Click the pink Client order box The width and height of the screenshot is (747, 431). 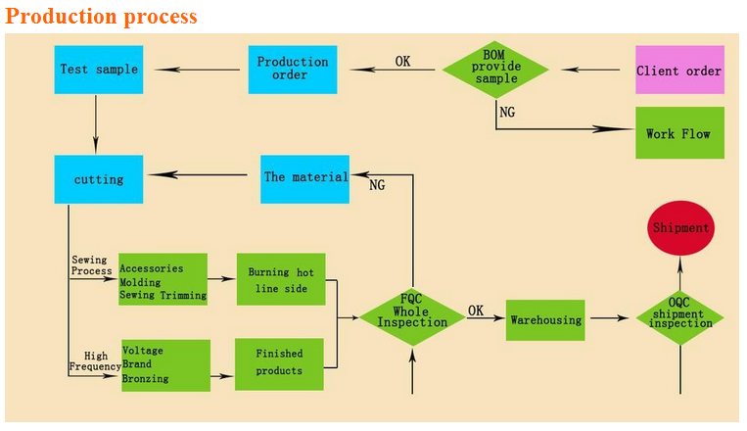(679, 70)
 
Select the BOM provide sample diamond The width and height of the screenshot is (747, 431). (495, 70)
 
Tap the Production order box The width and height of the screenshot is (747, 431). (293, 70)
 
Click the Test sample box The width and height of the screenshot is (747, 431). (99, 70)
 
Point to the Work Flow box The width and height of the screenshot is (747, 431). (679, 133)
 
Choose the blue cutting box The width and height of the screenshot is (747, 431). (99, 179)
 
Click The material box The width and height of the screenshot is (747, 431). (304, 179)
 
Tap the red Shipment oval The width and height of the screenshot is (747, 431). (680, 228)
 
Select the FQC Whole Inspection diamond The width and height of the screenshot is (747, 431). (412, 317)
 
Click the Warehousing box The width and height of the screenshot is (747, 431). (545, 320)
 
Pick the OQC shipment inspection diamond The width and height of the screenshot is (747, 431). (679, 317)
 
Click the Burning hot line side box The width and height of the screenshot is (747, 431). (281, 279)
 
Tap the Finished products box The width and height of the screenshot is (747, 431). (279, 364)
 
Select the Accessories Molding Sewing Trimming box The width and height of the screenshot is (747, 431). (163, 279)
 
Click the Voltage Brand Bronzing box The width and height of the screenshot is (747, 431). (165, 365)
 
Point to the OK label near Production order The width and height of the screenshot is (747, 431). (402, 61)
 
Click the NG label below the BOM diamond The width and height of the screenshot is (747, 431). (507, 112)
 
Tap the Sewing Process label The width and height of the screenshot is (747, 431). (91, 265)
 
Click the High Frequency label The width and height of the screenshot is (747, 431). (95, 361)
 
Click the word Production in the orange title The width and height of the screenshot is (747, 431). (61, 16)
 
